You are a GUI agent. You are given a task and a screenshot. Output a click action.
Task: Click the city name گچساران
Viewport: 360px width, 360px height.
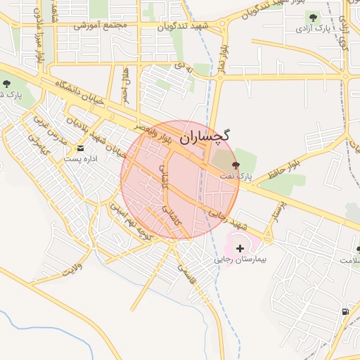pos(205,138)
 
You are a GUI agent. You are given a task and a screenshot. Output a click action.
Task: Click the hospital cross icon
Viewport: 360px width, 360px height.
pos(240,248)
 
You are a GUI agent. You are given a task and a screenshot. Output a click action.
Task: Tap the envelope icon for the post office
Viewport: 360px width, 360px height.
pos(80,148)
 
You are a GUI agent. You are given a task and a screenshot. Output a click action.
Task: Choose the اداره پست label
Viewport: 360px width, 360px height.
pos(77,159)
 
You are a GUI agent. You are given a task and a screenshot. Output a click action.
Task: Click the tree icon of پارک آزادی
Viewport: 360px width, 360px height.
pos(310,17)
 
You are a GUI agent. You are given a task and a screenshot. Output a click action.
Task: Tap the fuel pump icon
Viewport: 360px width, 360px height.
pos(345,311)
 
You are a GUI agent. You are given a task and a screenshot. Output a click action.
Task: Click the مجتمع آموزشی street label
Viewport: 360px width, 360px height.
pos(104,26)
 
